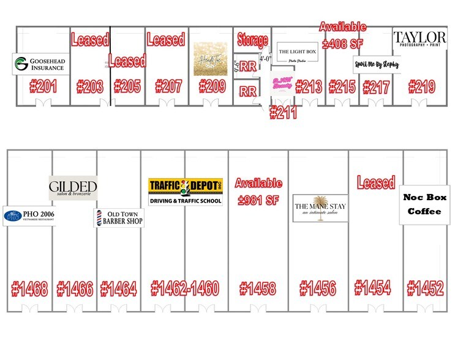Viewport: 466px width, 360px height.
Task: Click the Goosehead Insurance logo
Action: (x=39, y=64)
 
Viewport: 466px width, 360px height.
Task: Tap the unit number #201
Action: (x=43, y=86)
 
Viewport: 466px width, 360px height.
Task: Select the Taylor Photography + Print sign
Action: (x=419, y=39)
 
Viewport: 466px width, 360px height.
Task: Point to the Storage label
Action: (x=252, y=40)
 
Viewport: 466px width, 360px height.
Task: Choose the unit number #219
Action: (x=422, y=86)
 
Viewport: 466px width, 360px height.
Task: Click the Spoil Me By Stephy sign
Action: (x=376, y=64)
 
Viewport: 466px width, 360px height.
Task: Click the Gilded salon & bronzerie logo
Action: (x=73, y=187)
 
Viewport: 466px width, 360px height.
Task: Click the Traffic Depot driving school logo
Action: (x=186, y=192)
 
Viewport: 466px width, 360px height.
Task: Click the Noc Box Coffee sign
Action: (x=424, y=204)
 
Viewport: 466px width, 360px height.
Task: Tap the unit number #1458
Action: (x=257, y=288)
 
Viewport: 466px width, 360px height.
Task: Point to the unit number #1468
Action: (x=29, y=288)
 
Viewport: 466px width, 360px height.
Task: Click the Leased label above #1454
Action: (x=376, y=182)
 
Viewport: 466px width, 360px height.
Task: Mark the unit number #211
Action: (x=283, y=113)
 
